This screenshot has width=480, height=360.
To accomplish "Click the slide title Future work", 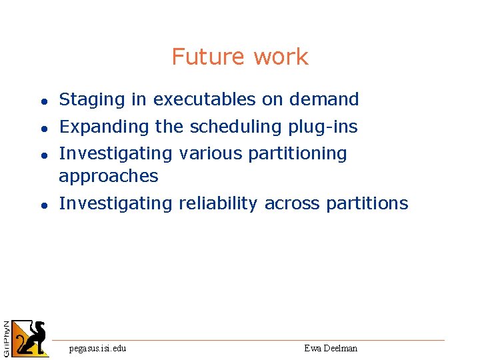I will click(240, 57).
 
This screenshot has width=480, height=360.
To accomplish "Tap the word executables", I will click(205, 100).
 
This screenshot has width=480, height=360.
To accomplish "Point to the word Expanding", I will click(104, 127).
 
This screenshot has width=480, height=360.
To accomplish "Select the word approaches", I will click(109, 177).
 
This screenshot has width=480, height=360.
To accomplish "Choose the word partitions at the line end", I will click(367, 203).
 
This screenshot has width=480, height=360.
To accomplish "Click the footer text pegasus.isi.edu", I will click(98, 348).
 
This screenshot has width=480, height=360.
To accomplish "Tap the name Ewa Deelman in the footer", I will click(331, 348).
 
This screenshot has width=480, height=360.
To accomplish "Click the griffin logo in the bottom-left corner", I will click(31, 338).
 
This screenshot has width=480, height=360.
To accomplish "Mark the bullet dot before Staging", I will click(42, 102).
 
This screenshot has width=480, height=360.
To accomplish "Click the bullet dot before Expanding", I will click(42, 128).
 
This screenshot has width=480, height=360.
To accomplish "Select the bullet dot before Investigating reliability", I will click(42, 205).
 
